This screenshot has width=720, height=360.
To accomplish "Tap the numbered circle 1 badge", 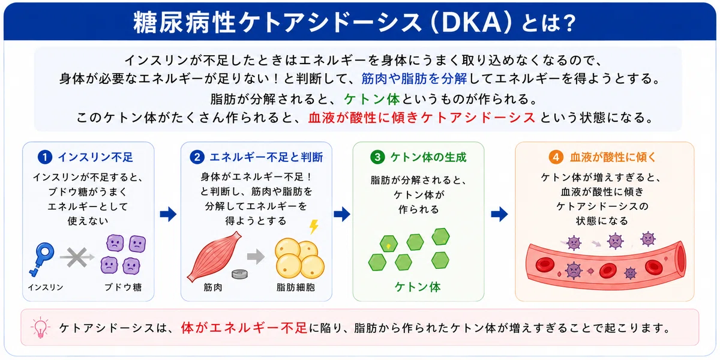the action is [45, 157].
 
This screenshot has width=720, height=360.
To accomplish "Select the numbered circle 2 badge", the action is [197, 157].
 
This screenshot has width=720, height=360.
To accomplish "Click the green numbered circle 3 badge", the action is [377, 157].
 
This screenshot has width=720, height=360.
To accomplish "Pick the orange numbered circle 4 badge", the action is [556, 157].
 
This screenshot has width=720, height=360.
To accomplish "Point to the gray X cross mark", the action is [77, 257].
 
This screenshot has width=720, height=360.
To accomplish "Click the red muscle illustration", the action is [215, 257].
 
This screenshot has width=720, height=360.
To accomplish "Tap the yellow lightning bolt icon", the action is [314, 227].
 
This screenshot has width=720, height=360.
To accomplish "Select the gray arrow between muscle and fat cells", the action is [256, 256].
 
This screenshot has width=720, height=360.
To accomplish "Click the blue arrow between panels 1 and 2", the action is [168, 214].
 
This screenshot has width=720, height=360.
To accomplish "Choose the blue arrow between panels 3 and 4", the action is [499, 214].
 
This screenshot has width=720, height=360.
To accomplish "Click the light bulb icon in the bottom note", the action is [40, 328].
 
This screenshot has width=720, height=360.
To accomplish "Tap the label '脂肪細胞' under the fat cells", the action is [296, 287].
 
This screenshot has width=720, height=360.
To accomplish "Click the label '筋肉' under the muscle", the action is [213, 287].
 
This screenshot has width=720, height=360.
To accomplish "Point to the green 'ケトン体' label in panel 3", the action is [418, 287].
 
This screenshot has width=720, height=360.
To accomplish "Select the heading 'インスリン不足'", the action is [95, 157].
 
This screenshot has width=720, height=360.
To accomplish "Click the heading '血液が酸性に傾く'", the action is [613, 157].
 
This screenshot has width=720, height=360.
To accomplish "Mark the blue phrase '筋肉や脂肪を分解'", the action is [414, 79].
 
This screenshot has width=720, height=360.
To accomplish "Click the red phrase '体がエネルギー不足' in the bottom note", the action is [244, 328].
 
